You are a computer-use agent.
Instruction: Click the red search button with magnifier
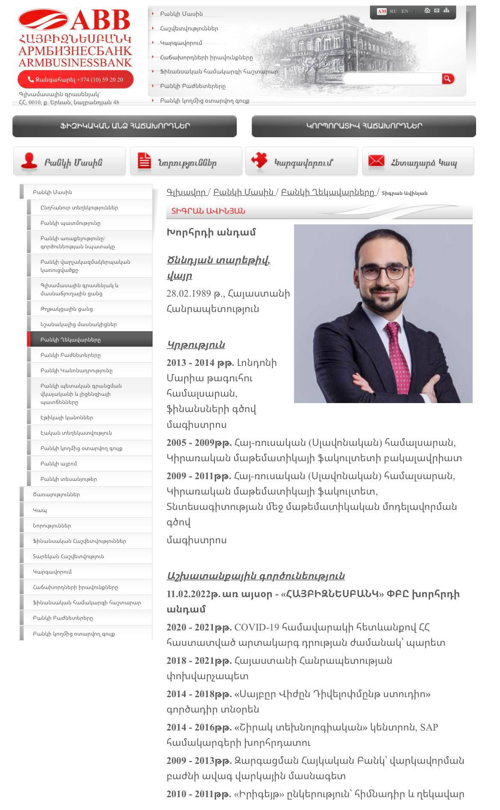tap(447, 79)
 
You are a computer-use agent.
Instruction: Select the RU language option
tap(393, 11)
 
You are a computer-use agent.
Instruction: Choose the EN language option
tap(405, 11)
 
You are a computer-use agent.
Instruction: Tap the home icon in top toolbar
tap(427, 11)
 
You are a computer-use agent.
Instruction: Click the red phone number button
tap(76, 80)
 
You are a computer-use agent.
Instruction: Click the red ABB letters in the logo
tap(100, 21)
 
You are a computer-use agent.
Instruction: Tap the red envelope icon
tap(376, 161)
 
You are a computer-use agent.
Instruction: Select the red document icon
tap(144, 162)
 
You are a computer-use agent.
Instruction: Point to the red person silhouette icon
tap(29, 162)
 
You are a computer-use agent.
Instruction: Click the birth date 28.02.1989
tap(188, 294)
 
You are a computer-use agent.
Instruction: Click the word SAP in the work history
tap(429, 728)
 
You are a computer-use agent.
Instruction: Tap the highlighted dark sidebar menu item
tap(89, 340)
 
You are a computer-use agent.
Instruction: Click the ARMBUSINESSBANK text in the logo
tap(75, 62)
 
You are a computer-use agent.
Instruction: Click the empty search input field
tap(392, 79)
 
